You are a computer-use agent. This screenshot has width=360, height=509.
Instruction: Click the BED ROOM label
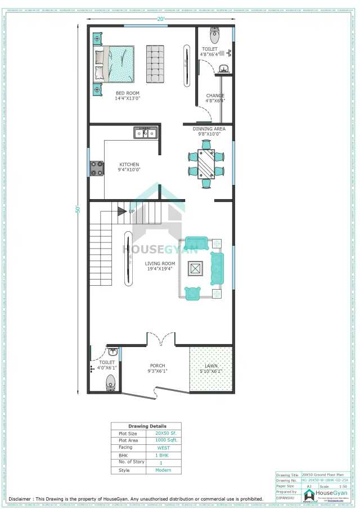click(x=128, y=93)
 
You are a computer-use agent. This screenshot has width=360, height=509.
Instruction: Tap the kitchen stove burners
click(x=97, y=168)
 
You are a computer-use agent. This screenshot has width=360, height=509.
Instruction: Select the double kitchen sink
click(x=145, y=133)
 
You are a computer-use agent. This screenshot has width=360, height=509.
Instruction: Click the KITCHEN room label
click(x=129, y=165)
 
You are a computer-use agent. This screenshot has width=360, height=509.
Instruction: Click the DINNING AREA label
click(x=209, y=129)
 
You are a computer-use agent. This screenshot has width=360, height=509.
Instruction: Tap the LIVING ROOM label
click(x=160, y=263)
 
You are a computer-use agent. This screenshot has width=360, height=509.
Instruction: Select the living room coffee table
click(x=196, y=269)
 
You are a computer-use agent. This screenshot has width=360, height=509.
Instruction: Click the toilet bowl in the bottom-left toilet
click(x=110, y=382)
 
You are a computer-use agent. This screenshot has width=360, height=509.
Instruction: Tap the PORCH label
click(x=157, y=366)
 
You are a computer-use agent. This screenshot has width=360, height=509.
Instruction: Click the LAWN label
click(x=211, y=366)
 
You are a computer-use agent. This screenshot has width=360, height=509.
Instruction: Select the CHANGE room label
click(x=215, y=96)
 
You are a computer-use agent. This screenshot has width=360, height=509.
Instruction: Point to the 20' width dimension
click(x=161, y=19)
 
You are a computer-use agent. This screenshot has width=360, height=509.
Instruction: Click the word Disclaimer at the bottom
click(x=20, y=499)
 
